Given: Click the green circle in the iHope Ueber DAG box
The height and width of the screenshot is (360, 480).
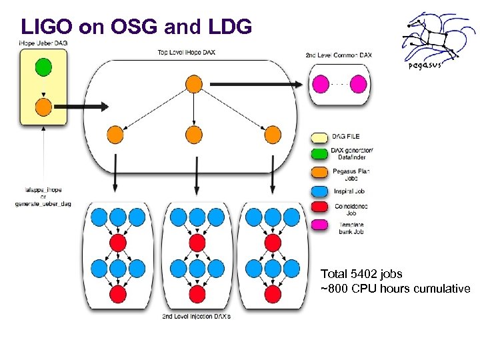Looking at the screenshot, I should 43,67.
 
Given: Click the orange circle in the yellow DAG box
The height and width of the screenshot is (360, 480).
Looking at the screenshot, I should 43,106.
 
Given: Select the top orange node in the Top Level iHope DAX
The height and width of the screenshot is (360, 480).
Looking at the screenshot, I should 193,84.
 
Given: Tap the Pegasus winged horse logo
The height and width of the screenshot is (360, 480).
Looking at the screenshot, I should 433,39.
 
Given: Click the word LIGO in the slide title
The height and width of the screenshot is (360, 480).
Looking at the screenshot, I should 47,27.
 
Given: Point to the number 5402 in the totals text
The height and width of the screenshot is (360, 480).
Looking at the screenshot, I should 364,274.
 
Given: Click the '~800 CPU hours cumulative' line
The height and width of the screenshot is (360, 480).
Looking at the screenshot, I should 395,289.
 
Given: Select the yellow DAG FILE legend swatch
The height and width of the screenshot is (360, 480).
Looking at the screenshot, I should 320,137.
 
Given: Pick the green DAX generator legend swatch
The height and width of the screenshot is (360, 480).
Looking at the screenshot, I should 320,153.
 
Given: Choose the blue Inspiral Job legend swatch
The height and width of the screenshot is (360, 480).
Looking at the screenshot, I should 320,191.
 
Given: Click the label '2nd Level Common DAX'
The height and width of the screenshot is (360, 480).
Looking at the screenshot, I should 338,55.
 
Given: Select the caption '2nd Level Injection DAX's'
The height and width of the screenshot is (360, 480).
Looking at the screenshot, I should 196,316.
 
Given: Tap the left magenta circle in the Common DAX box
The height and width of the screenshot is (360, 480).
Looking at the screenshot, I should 322,84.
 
